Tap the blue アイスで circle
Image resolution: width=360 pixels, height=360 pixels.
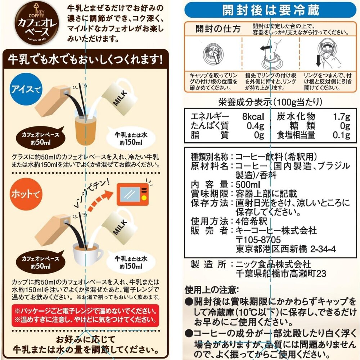point(26,89)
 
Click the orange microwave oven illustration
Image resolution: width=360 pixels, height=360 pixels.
point(132,194)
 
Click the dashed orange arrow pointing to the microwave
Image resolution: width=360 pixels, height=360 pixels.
point(100,200)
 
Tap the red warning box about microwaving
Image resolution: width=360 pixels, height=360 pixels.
point(85,315)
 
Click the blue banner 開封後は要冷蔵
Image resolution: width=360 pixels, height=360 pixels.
point(270,10)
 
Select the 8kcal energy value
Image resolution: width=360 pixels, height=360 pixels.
point(253,117)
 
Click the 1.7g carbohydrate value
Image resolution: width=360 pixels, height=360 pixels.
point(342,117)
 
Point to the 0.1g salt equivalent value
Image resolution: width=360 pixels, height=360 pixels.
point(342,135)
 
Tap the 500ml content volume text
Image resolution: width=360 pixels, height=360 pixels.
point(248,185)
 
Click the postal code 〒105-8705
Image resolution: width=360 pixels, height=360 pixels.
point(258,240)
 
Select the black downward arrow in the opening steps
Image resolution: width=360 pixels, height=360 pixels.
point(318,60)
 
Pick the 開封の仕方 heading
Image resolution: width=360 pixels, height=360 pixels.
point(218,29)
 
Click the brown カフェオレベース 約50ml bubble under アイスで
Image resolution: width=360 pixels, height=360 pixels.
point(41,138)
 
